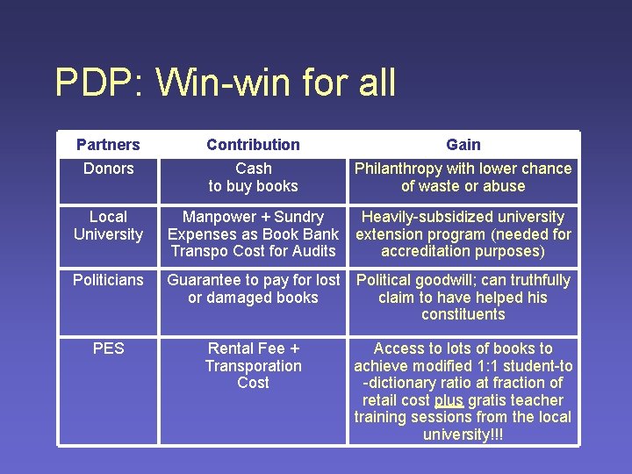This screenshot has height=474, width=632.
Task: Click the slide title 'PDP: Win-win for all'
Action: [x=225, y=83]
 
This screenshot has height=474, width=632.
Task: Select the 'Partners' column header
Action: [x=108, y=145]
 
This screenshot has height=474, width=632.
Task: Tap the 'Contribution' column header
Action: [x=253, y=145]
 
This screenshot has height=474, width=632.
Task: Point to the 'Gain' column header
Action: [x=463, y=145]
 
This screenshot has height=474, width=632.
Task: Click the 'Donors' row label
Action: [x=108, y=169]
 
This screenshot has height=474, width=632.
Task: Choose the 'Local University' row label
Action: [x=108, y=226]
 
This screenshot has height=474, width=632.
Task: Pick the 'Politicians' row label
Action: [x=108, y=280]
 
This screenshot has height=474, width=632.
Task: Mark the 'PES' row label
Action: [x=108, y=348]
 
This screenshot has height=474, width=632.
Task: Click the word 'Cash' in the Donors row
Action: [x=253, y=169]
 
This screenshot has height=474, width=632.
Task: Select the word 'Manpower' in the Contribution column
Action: [x=218, y=217]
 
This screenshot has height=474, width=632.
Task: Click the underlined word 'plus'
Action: [x=449, y=400]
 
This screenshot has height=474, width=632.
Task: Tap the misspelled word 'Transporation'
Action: [x=253, y=366]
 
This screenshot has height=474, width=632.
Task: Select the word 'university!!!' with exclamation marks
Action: [x=463, y=434]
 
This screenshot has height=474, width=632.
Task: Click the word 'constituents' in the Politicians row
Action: [x=463, y=314]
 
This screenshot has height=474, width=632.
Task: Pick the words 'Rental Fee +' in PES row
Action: [x=253, y=348]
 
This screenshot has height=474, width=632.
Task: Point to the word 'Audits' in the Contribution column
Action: [x=313, y=251]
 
